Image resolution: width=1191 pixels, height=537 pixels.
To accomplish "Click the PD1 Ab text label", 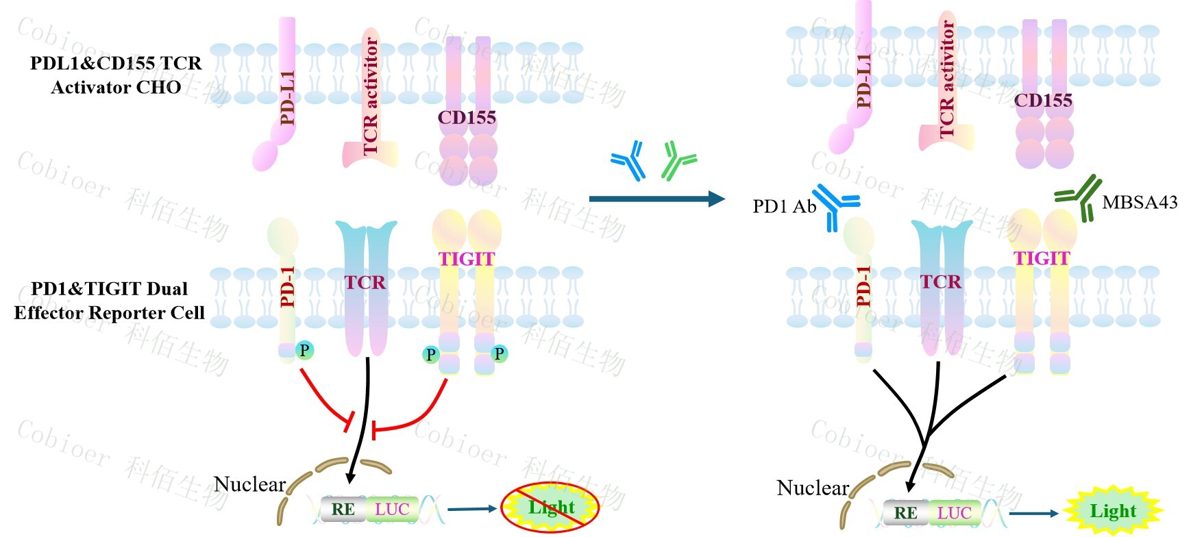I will click(784, 206).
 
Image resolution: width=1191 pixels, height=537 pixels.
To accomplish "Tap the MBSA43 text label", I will click(1140, 202).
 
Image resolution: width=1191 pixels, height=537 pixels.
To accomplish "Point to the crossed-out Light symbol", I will click(550, 508).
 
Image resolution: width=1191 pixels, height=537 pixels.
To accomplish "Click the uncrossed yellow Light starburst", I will click(1112, 511).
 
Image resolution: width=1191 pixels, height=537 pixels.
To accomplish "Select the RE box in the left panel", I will click(343, 509).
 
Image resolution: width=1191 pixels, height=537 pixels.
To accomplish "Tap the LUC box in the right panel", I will click(954, 512).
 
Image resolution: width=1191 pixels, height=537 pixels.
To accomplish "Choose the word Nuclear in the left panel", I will click(249, 484).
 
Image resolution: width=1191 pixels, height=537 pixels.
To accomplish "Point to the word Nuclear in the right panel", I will click(812, 488).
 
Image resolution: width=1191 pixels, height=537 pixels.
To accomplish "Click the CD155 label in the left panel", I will click(467, 118).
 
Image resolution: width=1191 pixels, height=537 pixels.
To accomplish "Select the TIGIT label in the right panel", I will click(1042, 258).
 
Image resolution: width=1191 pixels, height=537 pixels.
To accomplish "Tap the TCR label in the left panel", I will click(365, 282).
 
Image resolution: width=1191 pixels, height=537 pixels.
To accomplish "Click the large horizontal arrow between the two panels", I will click(656, 199).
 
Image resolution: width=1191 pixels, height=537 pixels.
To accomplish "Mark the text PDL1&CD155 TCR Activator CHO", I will click(116, 75).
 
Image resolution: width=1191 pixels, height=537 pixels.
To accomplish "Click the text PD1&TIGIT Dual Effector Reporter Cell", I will click(110, 301).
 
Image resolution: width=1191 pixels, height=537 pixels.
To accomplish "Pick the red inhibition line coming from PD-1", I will click(326, 400).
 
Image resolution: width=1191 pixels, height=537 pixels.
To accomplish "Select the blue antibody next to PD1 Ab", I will click(835, 205).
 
